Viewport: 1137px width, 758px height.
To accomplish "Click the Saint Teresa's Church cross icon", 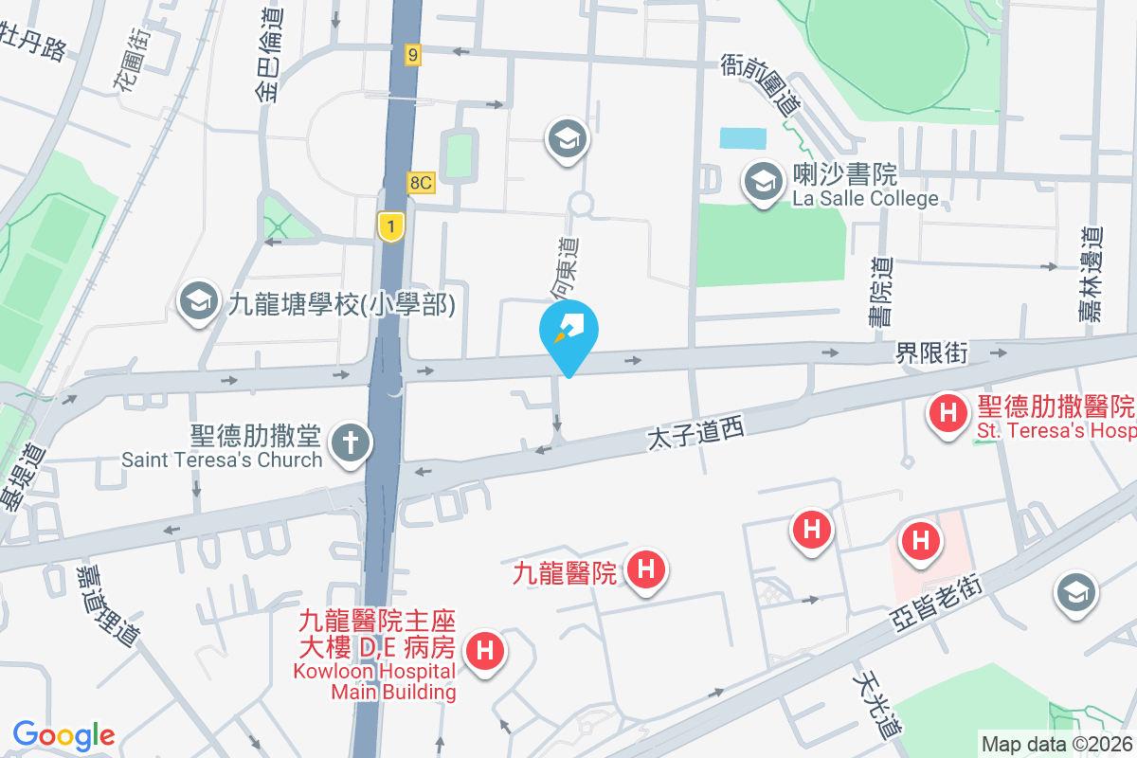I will pos(350,442).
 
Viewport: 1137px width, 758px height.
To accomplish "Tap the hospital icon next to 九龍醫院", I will pos(646,570).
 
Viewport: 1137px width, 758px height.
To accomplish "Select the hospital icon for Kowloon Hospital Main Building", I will pos(485,652).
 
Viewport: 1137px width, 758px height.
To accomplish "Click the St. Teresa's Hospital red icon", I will pos(947,413).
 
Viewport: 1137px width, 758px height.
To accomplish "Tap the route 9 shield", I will pos(411,55).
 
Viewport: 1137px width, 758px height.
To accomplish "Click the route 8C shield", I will pos(422,183).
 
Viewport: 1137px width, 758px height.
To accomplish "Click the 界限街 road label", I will pos(932,353).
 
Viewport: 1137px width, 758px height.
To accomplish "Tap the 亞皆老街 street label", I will pos(936,602).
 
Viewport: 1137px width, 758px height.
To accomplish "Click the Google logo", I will pos(63,735).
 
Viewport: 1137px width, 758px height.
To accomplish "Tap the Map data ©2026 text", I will pos(1056,744).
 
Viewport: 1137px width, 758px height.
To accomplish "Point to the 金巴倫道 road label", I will pos(268,57).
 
